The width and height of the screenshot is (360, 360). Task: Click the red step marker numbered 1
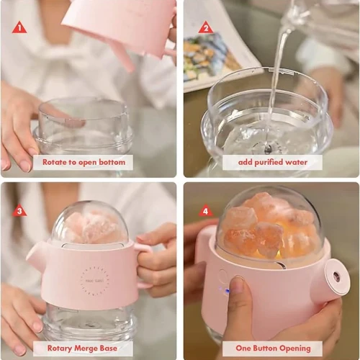coord(19,28)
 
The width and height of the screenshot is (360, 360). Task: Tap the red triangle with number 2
coord(206,28)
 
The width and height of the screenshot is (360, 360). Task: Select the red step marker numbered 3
coord(19,210)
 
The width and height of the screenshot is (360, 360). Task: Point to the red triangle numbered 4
coord(206,210)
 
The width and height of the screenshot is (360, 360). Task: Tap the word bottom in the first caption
coord(112,162)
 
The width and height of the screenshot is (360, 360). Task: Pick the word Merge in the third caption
coord(86,348)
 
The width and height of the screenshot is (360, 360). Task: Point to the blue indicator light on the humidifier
coord(227,291)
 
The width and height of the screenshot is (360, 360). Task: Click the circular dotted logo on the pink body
coord(94,280)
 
